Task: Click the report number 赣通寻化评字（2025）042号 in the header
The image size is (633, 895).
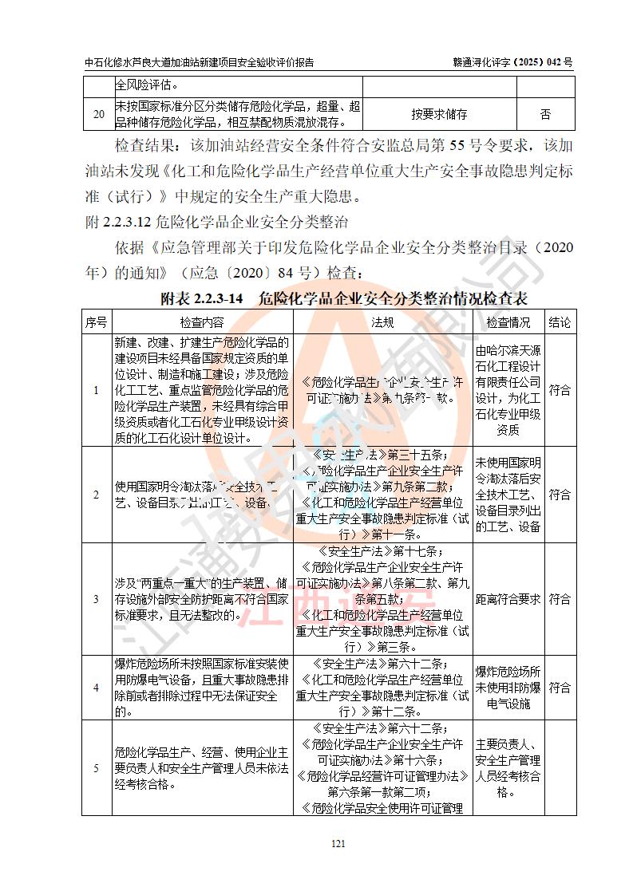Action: click(512, 62)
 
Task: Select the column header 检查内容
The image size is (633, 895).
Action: click(202, 322)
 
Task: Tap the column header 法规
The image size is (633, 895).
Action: click(382, 322)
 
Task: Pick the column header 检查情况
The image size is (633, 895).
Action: click(508, 322)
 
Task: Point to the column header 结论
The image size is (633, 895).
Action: click(560, 322)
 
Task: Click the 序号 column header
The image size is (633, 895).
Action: click(97, 322)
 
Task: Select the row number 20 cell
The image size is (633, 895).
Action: click(98, 114)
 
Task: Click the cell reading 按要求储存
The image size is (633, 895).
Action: click(439, 114)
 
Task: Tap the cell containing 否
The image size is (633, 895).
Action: click(545, 114)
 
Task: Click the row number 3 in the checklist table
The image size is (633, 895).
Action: click(97, 598)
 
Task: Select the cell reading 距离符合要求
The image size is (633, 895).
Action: click(508, 598)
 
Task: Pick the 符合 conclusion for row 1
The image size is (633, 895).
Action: click(560, 390)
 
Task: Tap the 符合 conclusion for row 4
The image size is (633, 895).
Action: click(560, 687)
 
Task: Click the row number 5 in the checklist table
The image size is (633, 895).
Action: click(97, 767)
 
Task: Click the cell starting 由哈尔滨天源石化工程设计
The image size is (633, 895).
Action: click(508, 390)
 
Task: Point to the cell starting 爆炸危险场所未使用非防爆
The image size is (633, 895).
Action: click(508, 687)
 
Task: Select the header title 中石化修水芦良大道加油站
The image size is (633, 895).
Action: click(199, 62)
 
